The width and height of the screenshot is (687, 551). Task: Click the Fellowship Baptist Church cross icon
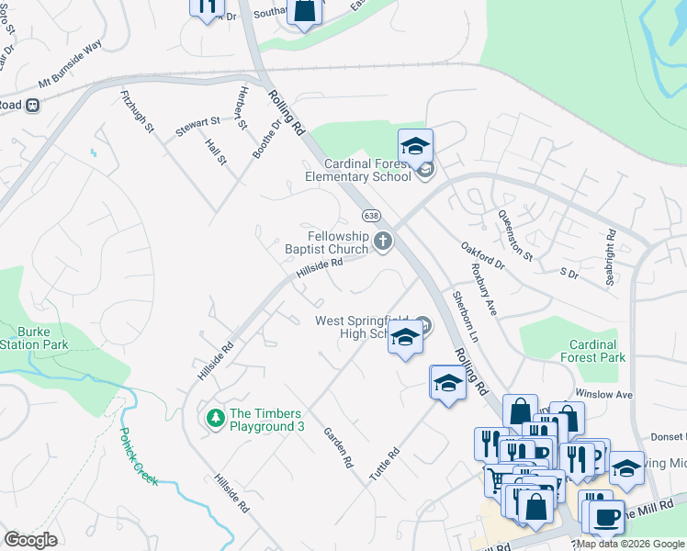[383, 242]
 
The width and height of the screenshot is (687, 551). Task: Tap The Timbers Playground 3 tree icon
[216, 419]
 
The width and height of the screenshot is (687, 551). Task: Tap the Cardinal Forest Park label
[591, 351]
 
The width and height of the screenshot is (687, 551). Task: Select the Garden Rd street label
[337, 448]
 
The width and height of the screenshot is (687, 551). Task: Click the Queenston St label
[514, 234]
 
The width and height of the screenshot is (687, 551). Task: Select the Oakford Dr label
[483, 256]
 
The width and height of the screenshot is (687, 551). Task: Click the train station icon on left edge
[32, 105]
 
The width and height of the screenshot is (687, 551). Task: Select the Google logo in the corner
[31, 540]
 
